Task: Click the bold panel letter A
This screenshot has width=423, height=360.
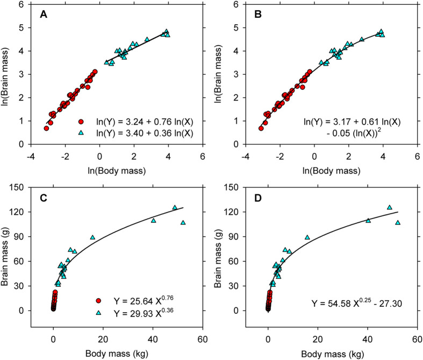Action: point(44,14)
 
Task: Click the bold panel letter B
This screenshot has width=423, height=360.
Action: point(258,14)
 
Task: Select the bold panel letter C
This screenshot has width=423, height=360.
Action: point(44,198)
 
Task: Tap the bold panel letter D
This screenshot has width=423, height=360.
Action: point(258,198)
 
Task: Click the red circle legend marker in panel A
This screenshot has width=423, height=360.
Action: point(81,122)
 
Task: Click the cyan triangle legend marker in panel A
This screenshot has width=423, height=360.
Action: point(81,133)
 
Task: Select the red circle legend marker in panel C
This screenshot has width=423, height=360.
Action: point(99,301)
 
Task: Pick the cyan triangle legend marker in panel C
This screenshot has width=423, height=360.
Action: point(99,313)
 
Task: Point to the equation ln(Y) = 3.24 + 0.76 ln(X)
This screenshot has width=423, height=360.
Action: point(145,122)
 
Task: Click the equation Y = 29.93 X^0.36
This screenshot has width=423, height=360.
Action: point(144,313)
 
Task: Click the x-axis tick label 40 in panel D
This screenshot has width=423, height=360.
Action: point(368,339)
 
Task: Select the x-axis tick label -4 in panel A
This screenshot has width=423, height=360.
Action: point(31,157)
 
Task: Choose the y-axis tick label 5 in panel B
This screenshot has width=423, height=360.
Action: point(236,27)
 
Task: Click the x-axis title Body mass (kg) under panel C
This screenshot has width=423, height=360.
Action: point(117,354)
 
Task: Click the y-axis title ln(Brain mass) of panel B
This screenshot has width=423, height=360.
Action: point(218,75)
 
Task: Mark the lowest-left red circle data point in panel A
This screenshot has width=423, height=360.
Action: point(46,128)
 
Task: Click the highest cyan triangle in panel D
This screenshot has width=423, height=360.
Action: point(390,207)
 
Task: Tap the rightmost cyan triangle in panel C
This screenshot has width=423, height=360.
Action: point(183,223)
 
